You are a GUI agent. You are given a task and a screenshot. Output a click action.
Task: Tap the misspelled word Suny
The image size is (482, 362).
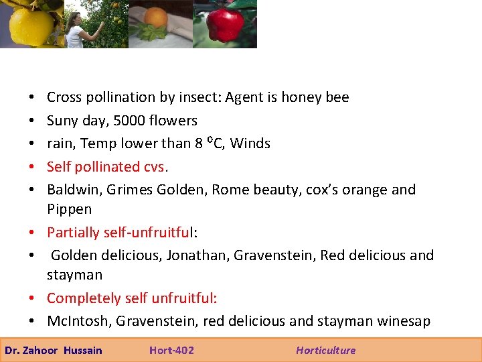62,121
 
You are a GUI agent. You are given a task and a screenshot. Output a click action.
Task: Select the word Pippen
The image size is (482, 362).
69,209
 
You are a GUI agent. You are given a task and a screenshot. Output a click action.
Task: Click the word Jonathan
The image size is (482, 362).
192,255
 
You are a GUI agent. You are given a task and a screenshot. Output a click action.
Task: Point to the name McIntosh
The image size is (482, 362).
79,321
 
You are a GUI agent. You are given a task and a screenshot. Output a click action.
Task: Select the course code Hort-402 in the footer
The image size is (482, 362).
171,350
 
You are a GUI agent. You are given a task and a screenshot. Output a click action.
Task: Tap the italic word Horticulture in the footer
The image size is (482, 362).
326,350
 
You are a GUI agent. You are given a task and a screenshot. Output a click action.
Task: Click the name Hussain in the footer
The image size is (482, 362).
83,350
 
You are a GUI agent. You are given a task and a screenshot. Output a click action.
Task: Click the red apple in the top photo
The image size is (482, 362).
225,25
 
